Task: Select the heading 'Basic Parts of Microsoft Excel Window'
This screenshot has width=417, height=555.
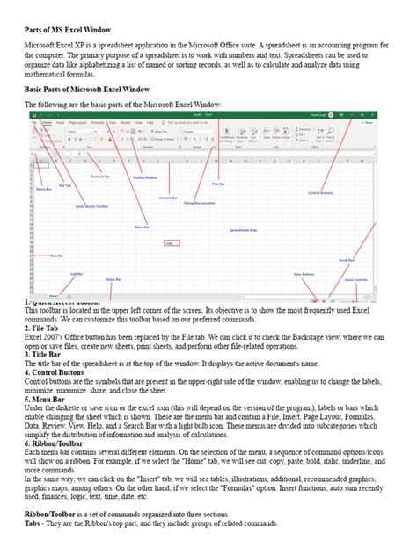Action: (86, 90)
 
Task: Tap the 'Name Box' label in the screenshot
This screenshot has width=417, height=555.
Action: (41, 189)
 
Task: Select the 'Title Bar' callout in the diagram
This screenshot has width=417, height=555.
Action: (218, 184)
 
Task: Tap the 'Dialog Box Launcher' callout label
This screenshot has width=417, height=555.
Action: (200, 203)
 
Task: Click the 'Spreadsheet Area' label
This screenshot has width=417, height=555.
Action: (243, 229)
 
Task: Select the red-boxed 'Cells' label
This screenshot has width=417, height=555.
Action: (169, 243)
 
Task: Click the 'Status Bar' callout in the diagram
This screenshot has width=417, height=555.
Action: (113, 279)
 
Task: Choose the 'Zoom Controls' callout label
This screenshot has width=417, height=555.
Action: (356, 280)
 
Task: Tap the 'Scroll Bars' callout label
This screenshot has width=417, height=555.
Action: (347, 260)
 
